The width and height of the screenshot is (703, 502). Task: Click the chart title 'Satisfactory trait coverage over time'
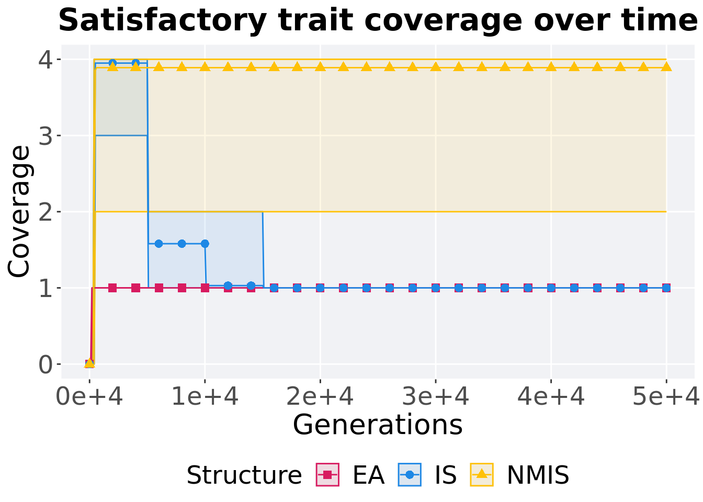coord(378,21)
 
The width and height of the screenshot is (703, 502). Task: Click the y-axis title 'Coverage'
coord(19,211)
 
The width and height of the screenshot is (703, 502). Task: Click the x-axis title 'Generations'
coord(378,425)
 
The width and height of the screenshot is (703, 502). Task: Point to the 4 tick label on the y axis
coord(46,60)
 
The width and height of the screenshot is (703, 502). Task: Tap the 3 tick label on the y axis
coord(46,136)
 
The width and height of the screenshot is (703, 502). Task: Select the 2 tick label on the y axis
coord(46,212)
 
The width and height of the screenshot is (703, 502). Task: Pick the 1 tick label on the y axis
coord(46,288)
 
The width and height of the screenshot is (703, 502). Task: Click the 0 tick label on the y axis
coord(46,364)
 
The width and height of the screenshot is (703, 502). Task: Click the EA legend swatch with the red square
coord(328,475)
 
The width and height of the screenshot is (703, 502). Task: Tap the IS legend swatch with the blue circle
coord(410,475)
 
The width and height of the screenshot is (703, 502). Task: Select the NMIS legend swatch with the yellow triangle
coord(482,475)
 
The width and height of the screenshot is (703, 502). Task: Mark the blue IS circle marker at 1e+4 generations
coord(205,244)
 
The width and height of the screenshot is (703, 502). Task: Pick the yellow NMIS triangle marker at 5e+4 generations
coord(666,66)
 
